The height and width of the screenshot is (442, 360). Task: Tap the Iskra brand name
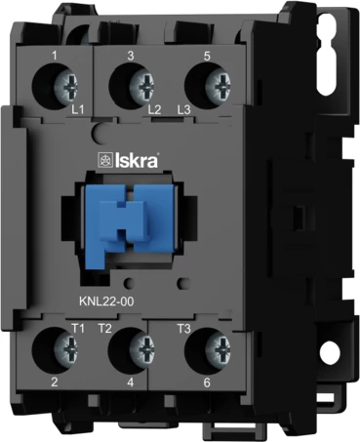pos(146,159)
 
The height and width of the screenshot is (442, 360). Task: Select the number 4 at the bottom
pos(131,384)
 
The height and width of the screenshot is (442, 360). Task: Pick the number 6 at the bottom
pos(207,384)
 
